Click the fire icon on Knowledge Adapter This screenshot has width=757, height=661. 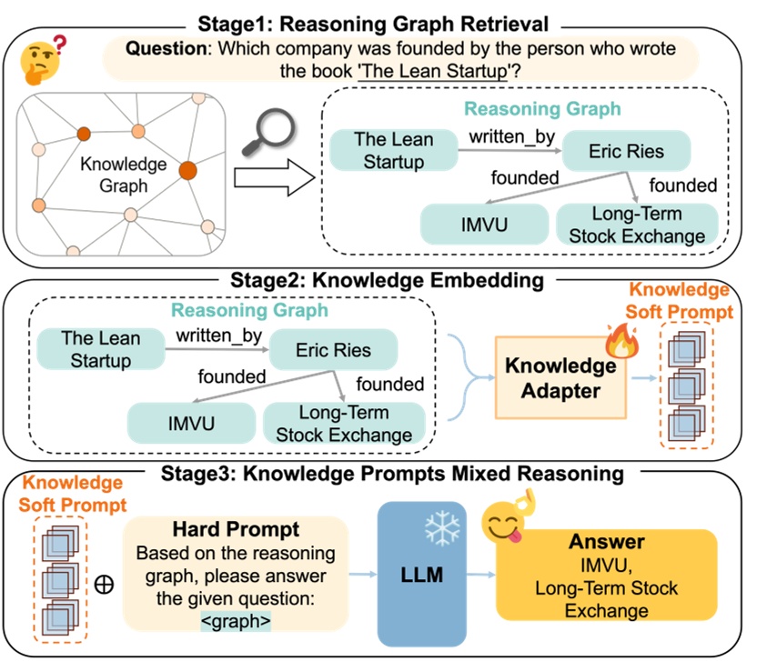point(621,345)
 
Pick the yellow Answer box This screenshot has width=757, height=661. point(607,575)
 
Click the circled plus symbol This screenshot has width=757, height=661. point(104,584)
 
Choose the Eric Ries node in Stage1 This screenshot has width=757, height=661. point(626,152)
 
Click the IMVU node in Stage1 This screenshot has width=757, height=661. point(485,225)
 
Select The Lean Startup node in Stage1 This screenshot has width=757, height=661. point(393,151)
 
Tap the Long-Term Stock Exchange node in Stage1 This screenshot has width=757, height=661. point(637,225)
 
